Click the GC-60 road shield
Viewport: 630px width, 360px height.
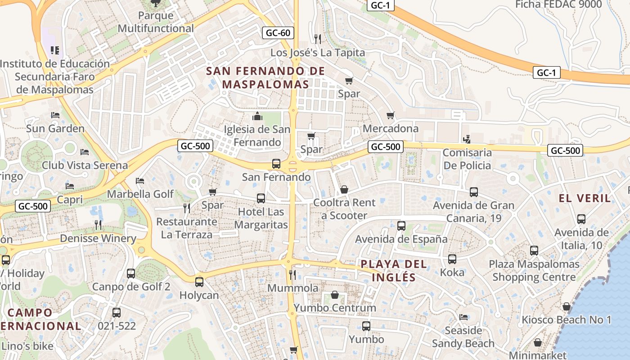(x=278, y=33)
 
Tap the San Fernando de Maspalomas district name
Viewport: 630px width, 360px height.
(x=265, y=77)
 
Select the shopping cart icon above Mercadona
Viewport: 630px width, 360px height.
(x=390, y=116)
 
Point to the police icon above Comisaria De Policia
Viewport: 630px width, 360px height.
(x=467, y=139)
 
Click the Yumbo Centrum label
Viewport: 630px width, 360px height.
(x=334, y=308)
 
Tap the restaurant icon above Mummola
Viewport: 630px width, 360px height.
(x=292, y=274)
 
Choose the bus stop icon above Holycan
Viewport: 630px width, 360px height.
(x=199, y=282)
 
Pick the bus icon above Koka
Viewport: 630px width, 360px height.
(x=452, y=259)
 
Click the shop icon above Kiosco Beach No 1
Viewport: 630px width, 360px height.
(x=566, y=306)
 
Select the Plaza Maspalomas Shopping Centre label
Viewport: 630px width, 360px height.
(x=534, y=270)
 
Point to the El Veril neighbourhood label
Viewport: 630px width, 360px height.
(x=585, y=198)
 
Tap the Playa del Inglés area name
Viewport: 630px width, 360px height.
(x=394, y=270)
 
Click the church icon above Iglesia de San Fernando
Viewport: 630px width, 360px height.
(x=257, y=117)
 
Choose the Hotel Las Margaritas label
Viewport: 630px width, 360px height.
(x=261, y=218)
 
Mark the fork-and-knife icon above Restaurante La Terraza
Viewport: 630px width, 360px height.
(x=187, y=208)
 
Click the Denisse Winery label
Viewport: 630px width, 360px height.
(x=98, y=238)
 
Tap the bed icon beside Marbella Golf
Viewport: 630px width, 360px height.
(x=140, y=181)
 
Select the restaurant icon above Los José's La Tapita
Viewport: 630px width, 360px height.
(x=318, y=39)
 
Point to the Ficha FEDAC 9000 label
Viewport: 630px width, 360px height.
(x=558, y=4)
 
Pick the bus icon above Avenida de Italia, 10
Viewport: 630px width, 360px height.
(x=581, y=219)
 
